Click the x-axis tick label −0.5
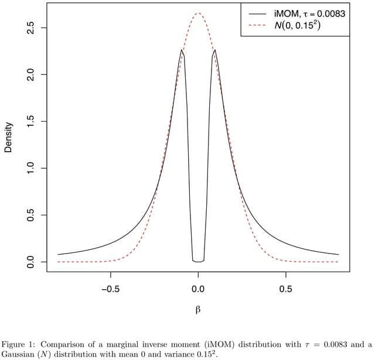pos(110,289)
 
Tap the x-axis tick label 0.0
pos(198,289)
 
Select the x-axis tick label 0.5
pos(286,289)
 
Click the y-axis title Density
pos(8,138)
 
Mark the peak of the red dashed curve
pos(198,13)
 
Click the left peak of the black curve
pos(182,50)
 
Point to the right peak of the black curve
pos(215,50)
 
